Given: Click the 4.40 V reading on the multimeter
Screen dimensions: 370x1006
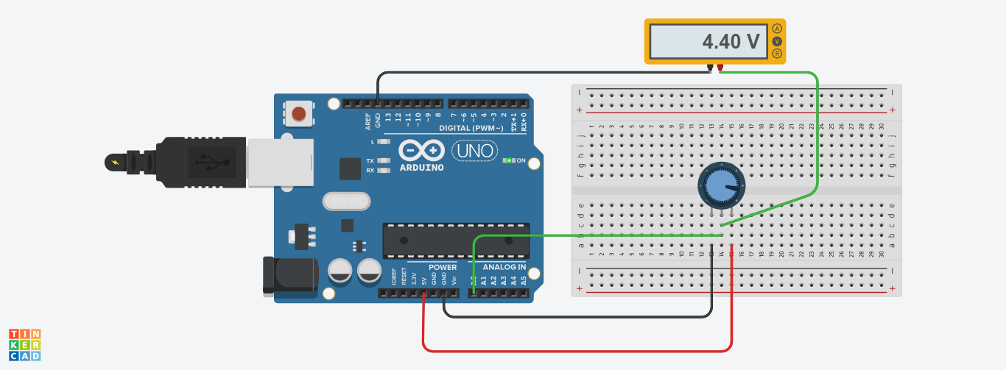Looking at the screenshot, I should point(730,42).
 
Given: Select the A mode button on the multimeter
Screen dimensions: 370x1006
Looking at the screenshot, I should point(776,29).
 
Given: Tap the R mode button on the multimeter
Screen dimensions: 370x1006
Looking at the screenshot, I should point(776,53).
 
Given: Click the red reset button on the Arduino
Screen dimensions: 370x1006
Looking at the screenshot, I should point(298,113).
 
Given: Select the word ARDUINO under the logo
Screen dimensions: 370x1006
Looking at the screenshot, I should point(422,168).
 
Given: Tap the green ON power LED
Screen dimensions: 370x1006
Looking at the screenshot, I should point(508,160).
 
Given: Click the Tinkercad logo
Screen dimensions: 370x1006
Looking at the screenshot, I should point(25,345).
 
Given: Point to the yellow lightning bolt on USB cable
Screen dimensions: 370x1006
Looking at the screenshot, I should point(114,162).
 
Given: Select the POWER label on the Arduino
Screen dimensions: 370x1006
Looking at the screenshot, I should point(443,267).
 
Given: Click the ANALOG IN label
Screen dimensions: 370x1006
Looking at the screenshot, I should point(504,267).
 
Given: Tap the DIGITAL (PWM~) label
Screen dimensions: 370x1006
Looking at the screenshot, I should point(471,129).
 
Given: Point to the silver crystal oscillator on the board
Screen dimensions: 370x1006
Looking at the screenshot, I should point(345,200).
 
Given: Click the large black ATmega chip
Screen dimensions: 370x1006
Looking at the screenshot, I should point(455,241).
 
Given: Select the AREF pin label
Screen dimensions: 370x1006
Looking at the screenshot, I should point(367,119).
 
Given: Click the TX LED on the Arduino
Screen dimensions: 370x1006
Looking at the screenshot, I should point(382,160).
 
